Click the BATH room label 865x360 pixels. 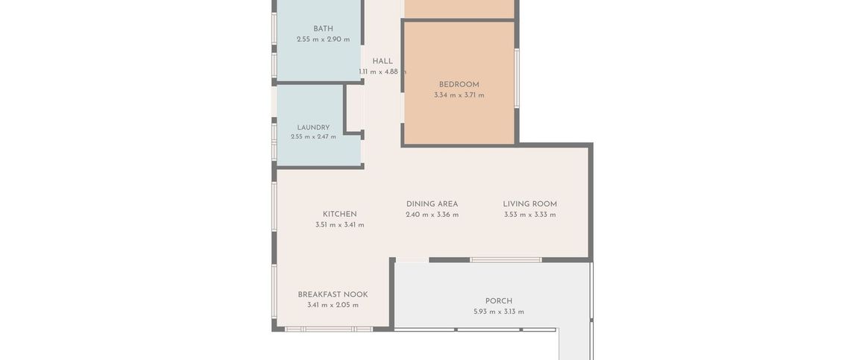coord(324,28)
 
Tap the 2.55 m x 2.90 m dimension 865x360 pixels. coord(324,40)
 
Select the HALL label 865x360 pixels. coord(383,61)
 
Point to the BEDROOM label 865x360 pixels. coord(459,84)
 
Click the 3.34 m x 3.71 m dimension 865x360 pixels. coord(459,95)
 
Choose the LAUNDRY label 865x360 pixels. coord(313,127)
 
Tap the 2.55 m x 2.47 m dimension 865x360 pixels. coord(313,136)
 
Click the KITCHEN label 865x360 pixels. coord(340,214)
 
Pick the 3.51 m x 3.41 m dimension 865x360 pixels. coord(340,224)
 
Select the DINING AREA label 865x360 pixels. coord(432,204)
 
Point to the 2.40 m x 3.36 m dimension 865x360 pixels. coord(432,215)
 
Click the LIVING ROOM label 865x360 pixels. coord(529,204)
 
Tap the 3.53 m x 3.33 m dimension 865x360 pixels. coord(529,215)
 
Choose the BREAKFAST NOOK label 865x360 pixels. coord(333,294)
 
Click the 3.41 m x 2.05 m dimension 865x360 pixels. coord(333,305)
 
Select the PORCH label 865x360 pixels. coord(499,301)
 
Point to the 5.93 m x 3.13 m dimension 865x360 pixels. coord(499,312)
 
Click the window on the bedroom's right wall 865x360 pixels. coord(517,78)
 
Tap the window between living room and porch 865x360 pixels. coord(506,259)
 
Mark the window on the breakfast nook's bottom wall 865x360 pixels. coord(329,329)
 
